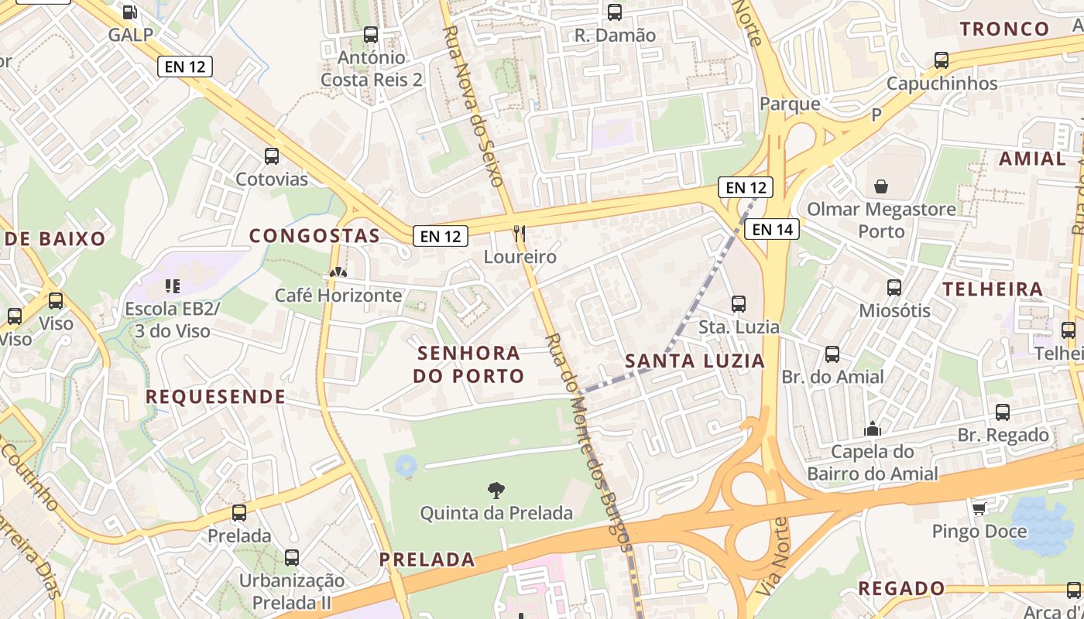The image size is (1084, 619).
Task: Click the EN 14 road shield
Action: point(771,229)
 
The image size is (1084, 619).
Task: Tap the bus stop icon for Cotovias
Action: point(272,156)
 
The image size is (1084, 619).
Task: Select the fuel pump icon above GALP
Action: point(130,12)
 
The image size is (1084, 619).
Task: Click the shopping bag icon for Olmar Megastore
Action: point(881,186)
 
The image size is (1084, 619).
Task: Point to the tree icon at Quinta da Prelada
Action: point(496,489)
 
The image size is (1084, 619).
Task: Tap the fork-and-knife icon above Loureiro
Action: point(520,232)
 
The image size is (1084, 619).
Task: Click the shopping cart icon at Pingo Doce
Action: point(979,508)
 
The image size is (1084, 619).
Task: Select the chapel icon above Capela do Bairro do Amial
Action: point(873,428)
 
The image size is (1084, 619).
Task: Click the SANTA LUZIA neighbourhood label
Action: point(695,361)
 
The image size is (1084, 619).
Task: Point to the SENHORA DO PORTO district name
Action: point(468,364)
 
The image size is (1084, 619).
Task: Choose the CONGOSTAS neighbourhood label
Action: point(314,236)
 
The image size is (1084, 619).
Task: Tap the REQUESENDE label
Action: point(215,397)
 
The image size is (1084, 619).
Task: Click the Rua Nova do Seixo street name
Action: point(473,105)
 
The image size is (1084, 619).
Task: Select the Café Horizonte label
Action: point(338,295)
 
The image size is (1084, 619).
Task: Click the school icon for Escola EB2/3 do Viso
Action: point(172,286)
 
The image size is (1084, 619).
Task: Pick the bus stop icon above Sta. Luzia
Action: point(739,303)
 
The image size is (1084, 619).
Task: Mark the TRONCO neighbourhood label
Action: point(1004,29)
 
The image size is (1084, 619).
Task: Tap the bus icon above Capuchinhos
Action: point(942,60)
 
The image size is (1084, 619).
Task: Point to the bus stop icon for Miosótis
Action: point(894,287)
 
